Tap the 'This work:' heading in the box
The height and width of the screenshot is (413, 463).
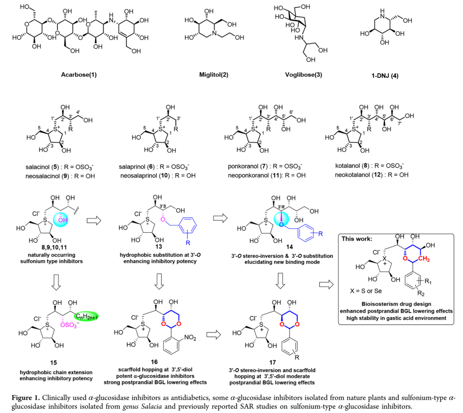click(x=358, y=239)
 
